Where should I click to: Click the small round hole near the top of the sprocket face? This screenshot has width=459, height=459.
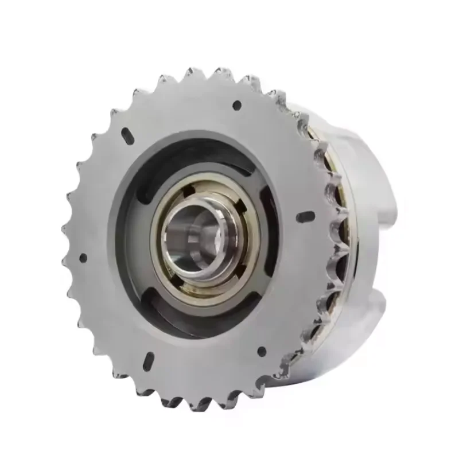pyautogui.click(x=235, y=105)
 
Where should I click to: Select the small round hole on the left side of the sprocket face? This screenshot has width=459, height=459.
pyautogui.click(x=83, y=258)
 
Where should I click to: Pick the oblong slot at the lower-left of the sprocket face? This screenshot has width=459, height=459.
pyautogui.click(x=147, y=360)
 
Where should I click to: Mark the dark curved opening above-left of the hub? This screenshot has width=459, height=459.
pyautogui.click(x=161, y=172)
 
